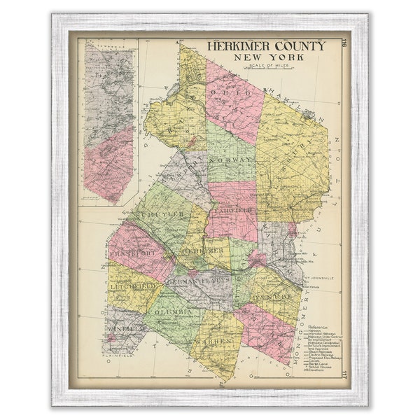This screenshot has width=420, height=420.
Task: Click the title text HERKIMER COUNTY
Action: tap(265, 46)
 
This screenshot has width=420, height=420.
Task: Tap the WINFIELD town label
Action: tap(127, 327)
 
